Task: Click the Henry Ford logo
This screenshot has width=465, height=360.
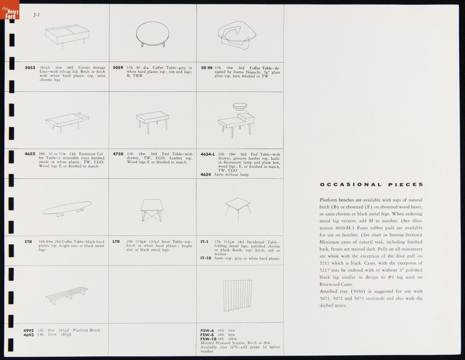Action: click(x=10, y=10)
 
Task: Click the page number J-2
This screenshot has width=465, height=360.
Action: click(x=36, y=15)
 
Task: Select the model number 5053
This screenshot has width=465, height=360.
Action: click(x=30, y=68)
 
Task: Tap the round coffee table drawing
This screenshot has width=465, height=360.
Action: click(x=153, y=34)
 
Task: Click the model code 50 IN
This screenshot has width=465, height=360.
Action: click(x=207, y=68)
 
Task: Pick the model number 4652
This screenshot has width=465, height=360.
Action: click(x=30, y=154)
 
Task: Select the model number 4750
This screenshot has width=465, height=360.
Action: click(x=118, y=154)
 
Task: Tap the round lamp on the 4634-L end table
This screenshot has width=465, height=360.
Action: click(x=239, y=106)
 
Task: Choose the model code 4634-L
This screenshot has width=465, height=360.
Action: click(x=208, y=154)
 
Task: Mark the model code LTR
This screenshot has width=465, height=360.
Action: click(x=116, y=242)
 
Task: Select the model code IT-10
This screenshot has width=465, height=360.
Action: click(x=206, y=258)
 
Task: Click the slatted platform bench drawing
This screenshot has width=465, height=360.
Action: click(x=67, y=295)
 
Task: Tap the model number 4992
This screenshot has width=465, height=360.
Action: click(x=28, y=331)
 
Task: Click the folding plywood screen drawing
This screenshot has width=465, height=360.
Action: click(x=238, y=295)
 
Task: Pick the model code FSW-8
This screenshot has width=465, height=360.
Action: click(x=207, y=334)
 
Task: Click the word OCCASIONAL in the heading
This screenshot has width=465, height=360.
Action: click(x=351, y=185)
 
